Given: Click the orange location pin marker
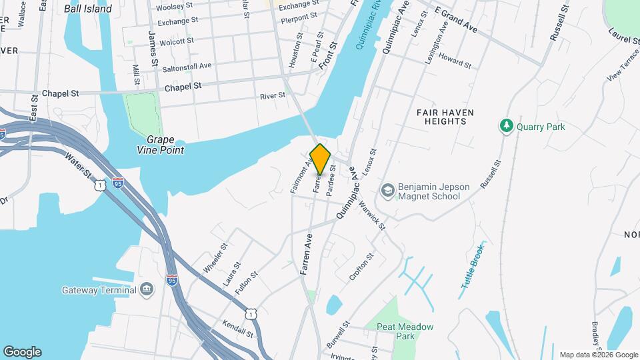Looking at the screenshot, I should (x=321, y=159).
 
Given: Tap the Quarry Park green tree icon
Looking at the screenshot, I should (x=507, y=125).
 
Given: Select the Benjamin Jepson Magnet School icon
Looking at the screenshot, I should (x=387, y=191).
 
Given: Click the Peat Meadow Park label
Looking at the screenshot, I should (x=405, y=331).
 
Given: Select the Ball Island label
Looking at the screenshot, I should (x=89, y=9).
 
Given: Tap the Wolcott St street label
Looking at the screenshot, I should (x=172, y=41).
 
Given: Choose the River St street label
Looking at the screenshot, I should (x=273, y=96).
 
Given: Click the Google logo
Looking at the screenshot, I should (x=22, y=351).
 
